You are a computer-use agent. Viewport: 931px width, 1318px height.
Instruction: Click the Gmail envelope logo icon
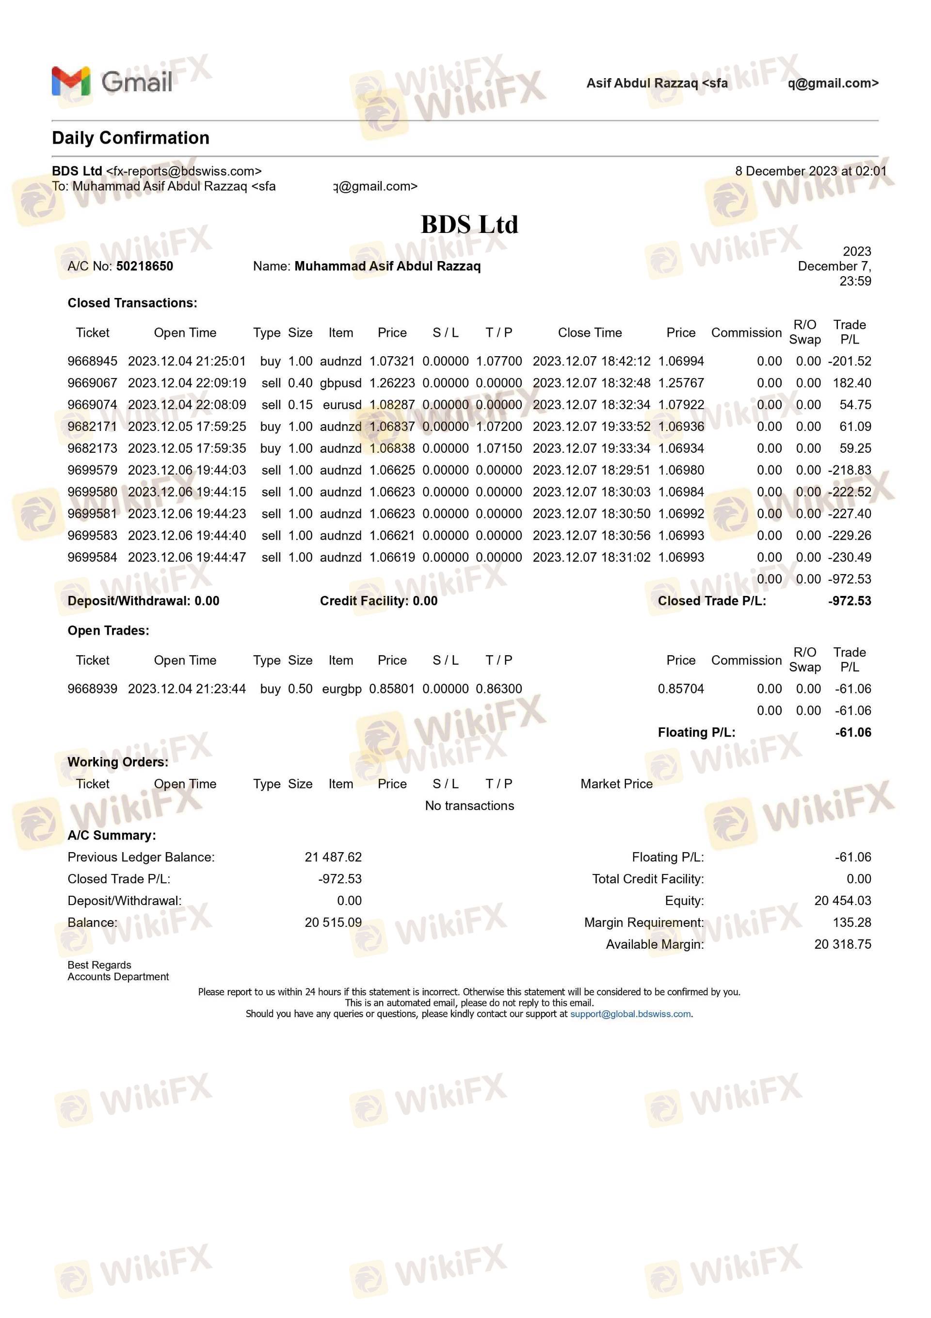click(71, 81)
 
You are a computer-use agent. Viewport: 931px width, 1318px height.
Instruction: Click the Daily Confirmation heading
click(130, 138)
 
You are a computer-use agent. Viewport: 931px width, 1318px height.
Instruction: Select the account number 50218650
click(144, 266)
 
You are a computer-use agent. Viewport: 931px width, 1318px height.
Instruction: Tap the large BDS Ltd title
click(469, 225)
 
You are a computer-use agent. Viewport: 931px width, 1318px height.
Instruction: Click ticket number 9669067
click(92, 383)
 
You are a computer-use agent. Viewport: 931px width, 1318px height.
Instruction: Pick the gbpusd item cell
click(341, 383)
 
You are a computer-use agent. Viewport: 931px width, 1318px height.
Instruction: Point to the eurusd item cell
click(342, 405)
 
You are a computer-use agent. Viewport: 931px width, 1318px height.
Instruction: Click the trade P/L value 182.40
click(852, 383)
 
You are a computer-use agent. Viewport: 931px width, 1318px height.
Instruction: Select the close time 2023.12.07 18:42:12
click(592, 361)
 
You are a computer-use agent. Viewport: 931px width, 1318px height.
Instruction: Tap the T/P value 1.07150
click(498, 448)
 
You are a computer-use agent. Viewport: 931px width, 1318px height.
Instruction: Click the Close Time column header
click(590, 332)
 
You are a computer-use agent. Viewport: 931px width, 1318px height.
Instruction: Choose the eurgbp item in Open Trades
click(341, 689)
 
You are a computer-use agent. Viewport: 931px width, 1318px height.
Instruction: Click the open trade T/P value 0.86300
click(498, 689)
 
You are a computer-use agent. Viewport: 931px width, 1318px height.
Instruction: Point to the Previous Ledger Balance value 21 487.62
click(333, 857)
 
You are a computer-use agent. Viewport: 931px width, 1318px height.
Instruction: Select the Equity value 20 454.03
click(842, 901)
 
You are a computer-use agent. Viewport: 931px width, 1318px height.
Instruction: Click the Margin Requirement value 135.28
click(851, 923)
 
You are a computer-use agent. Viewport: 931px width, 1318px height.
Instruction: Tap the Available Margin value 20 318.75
click(842, 944)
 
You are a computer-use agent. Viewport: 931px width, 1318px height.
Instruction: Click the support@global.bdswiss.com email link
click(630, 1014)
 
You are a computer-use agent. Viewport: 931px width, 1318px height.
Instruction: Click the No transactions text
click(469, 806)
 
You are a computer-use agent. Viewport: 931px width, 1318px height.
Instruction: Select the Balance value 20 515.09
click(333, 923)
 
